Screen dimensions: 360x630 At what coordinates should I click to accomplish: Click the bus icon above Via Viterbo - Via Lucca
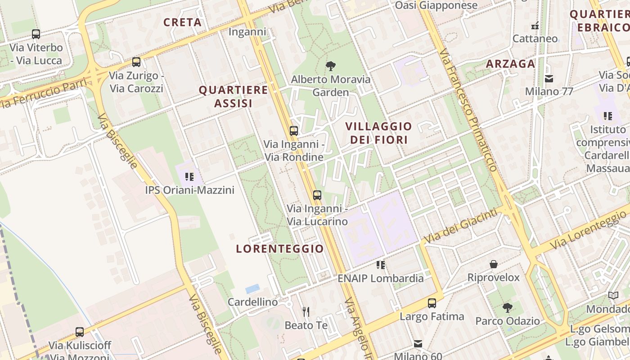(x=36, y=34)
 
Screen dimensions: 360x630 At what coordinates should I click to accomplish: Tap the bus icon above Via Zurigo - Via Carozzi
(x=136, y=62)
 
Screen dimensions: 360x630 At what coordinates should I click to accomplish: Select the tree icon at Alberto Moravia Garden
(x=331, y=66)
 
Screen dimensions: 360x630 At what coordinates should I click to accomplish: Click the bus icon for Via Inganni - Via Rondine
(x=294, y=131)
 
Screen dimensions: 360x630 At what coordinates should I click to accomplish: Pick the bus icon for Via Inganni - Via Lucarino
(x=317, y=195)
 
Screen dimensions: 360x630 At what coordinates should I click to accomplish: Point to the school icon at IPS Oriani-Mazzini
(x=189, y=176)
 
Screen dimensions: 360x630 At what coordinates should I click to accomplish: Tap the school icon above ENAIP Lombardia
(x=381, y=265)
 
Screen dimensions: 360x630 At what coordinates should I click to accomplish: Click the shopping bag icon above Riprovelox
(x=494, y=264)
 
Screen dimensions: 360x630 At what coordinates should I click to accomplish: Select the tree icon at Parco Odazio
(x=508, y=308)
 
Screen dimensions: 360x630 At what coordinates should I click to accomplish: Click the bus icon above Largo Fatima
(x=432, y=303)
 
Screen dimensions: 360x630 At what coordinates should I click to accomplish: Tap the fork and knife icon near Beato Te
(x=306, y=311)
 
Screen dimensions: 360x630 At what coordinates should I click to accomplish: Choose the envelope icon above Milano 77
(x=549, y=79)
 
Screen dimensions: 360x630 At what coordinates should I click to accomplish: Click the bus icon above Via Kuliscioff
(x=80, y=332)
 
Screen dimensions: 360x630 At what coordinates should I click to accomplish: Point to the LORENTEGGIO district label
(x=280, y=249)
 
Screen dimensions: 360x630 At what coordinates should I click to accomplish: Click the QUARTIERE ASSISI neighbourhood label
(x=234, y=97)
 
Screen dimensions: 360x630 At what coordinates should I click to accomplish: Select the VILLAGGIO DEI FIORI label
(x=379, y=133)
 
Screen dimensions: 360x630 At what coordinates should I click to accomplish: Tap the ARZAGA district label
(x=510, y=64)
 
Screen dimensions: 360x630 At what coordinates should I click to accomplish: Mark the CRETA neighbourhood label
(x=182, y=22)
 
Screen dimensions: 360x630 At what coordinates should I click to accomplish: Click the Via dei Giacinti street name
(x=463, y=225)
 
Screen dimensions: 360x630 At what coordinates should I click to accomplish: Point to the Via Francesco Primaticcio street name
(x=469, y=110)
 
